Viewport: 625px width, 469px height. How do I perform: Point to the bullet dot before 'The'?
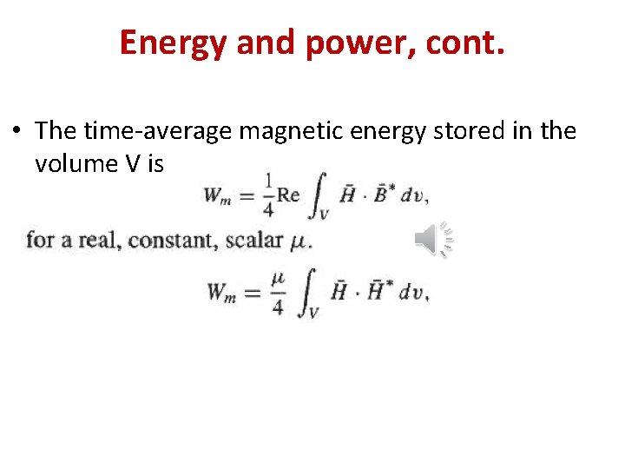[17, 131]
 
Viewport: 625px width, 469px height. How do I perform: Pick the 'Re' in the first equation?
[288, 195]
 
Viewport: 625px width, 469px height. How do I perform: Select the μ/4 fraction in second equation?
[277, 293]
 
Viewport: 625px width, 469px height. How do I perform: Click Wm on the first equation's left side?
[219, 195]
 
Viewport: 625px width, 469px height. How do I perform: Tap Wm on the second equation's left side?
[222, 293]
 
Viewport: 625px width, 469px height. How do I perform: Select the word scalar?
[253, 239]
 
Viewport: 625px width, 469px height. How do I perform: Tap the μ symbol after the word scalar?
[299, 241]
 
